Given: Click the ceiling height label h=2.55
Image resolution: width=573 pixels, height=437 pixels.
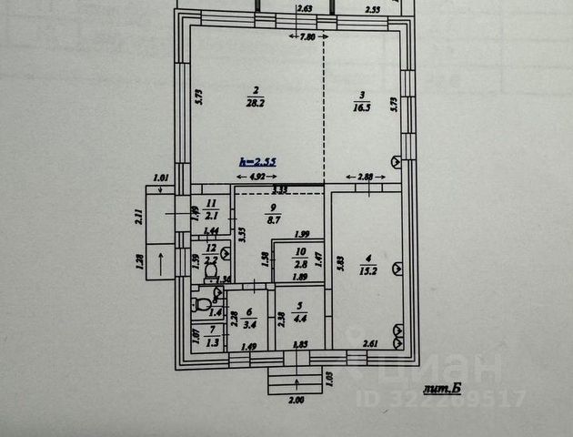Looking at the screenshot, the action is [x=257, y=161].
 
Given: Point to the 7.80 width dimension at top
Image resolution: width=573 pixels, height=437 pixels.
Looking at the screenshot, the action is [x=307, y=37].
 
